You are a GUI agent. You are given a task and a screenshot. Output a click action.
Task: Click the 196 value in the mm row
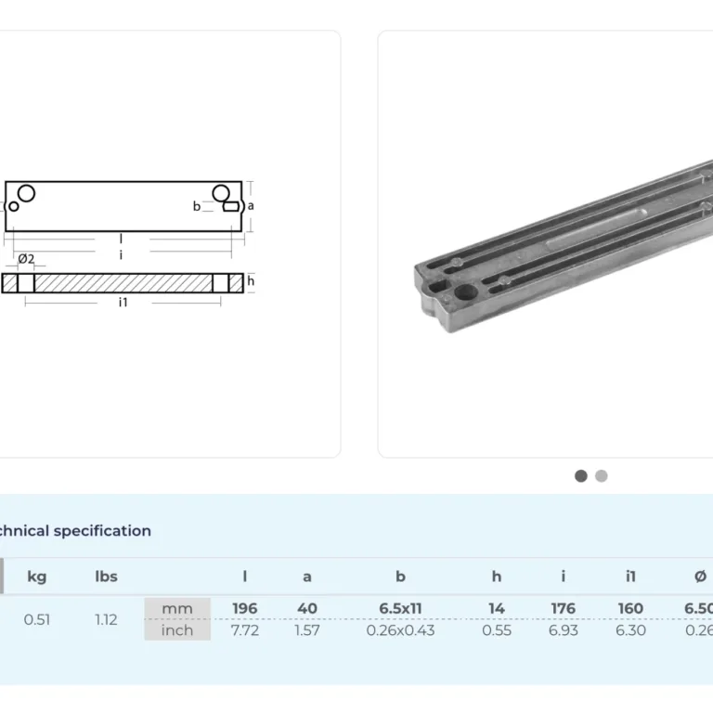click(245, 609)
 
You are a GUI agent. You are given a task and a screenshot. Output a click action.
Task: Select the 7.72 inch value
click(245, 630)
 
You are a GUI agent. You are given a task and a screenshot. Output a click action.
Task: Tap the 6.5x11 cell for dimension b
click(400, 609)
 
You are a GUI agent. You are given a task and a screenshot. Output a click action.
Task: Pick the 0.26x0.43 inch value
click(400, 630)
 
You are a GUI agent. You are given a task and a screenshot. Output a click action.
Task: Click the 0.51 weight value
click(37, 619)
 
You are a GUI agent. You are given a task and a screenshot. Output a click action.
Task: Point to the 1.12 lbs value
click(107, 619)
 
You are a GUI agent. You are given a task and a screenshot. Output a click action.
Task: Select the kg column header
click(37, 577)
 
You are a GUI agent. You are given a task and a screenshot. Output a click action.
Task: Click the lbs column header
click(107, 577)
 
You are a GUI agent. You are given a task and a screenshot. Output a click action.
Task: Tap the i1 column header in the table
click(630, 577)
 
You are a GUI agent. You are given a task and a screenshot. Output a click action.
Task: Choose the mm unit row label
click(177, 609)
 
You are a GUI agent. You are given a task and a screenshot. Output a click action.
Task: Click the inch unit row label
click(177, 630)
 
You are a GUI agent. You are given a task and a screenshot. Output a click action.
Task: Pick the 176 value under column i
click(563, 609)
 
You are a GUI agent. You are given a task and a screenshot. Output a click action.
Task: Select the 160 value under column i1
click(630, 609)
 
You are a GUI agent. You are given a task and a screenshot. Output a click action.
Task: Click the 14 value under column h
click(497, 609)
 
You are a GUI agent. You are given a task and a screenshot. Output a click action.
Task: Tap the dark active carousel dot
click(581, 476)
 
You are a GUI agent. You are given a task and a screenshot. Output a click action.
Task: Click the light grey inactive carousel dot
click(602, 476)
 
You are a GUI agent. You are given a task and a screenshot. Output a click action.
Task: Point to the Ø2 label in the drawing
click(26, 258)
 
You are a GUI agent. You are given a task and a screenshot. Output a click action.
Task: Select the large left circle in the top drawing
click(27, 193)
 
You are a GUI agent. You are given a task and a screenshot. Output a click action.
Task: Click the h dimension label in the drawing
click(251, 281)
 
